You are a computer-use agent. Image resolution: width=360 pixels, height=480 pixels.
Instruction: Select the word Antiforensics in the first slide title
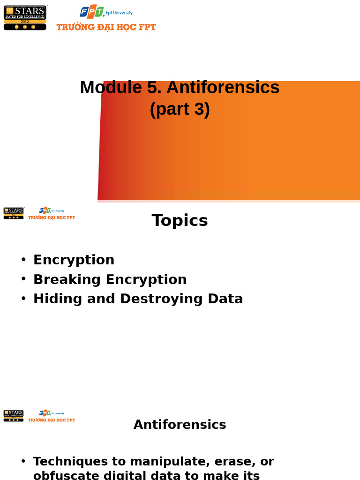(223, 88)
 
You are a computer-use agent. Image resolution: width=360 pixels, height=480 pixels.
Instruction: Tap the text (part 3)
(180, 109)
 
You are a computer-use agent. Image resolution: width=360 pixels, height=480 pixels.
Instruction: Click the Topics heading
(180, 220)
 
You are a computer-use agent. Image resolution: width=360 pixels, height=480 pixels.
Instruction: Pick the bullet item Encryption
(74, 260)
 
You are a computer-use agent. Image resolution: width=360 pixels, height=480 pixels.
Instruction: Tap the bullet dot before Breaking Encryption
(23, 279)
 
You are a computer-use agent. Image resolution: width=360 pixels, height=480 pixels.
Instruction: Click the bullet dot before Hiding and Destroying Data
(23, 299)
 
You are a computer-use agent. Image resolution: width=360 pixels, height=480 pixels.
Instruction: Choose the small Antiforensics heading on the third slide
(180, 425)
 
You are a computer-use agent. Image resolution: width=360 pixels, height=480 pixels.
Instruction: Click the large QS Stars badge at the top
(25, 18)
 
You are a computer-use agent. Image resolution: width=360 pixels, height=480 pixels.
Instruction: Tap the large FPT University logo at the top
(106, 12)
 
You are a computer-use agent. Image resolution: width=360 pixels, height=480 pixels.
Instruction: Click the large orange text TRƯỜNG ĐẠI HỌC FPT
(106, 27)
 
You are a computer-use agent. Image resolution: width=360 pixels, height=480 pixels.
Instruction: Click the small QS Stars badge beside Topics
(14, 213)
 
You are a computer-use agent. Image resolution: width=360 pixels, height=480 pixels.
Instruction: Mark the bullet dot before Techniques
(23, 462)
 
